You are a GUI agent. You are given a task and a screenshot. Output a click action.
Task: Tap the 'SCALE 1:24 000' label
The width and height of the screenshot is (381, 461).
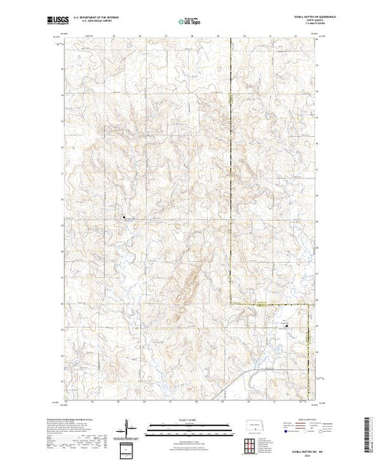[x=190, y=420]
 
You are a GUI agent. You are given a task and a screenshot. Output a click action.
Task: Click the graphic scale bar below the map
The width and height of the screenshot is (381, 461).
[x=190, y=427]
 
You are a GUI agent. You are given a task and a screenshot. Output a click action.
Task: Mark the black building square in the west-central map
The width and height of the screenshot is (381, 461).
[x=124, y=217]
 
